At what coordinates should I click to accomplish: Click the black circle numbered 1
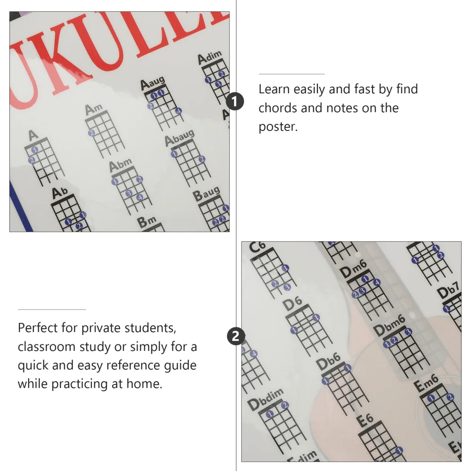[235, 101]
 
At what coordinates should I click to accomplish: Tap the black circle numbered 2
[235, 336]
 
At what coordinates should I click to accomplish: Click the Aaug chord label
[152, 83]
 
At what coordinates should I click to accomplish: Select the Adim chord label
[209, 58]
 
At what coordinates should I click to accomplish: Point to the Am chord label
[93, 109]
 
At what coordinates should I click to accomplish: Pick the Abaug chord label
[179, 138]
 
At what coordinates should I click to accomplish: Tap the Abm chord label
[120, 165]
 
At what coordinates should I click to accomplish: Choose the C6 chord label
[258, 246]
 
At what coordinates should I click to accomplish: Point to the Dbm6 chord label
[389, 323]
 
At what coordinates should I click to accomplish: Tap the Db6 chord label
[328, 363]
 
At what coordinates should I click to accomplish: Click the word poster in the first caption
[277, 127]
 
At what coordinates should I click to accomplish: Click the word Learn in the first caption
[274, 89]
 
